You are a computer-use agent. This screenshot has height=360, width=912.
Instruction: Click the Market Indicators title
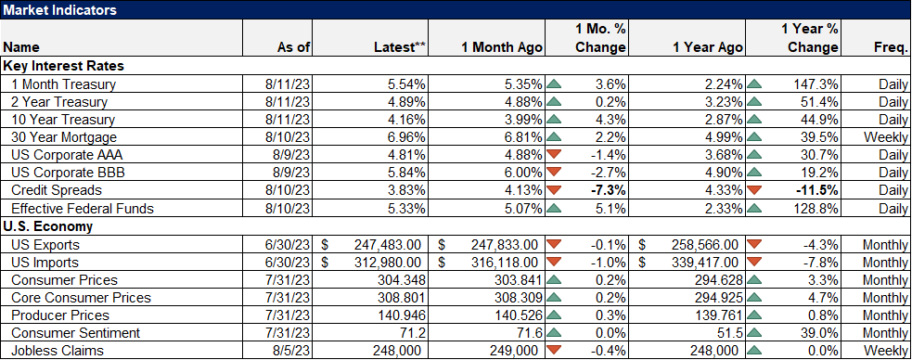[x=58, y=9]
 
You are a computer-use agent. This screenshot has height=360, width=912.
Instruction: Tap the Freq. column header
[x=890, y=46]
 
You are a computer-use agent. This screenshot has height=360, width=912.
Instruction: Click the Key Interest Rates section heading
[x=64, y=66]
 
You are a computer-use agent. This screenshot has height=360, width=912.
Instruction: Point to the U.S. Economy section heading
[x=48, y=225]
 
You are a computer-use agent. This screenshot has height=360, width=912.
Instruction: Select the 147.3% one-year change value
[x=817, y=84]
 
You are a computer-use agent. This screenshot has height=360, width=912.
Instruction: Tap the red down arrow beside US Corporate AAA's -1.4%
[x=555, y=155]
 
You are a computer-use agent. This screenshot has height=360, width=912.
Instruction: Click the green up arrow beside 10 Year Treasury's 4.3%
[x=555, y=120]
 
